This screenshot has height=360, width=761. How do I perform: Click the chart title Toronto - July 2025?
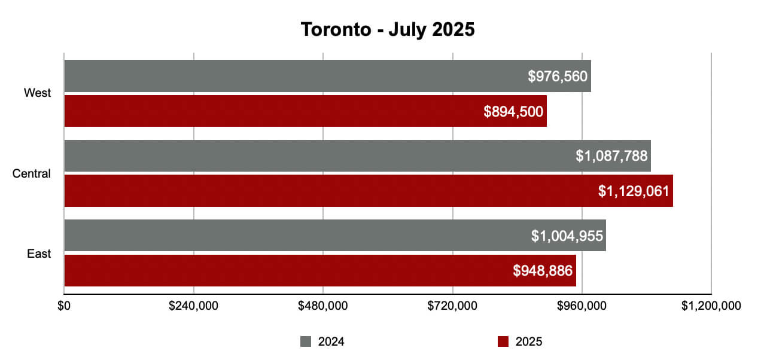(387, 29)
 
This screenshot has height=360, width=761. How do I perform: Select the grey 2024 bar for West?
(299, 76)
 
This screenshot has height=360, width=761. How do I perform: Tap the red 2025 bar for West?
(275, 111)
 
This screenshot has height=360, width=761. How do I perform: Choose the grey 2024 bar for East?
(299, 236)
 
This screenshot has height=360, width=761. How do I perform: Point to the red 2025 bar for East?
(287, 270)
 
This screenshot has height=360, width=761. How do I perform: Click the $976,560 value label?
(558, 76)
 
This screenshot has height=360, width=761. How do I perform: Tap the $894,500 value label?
(513, 111)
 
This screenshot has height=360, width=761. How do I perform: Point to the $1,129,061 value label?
(634, 191)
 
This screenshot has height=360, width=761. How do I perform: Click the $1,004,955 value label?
(567, 236)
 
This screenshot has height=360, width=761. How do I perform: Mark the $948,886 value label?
(542, 270)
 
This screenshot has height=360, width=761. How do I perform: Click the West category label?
(38, 93)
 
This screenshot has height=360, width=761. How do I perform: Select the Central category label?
(32, 174)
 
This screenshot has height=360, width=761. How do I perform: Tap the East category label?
(39, 254)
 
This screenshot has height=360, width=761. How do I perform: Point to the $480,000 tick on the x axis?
(323, 306)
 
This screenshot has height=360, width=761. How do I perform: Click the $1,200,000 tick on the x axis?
(711, 306)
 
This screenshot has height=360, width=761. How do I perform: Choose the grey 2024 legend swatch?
(306, 342)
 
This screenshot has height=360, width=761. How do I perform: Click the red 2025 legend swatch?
(503, 342)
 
